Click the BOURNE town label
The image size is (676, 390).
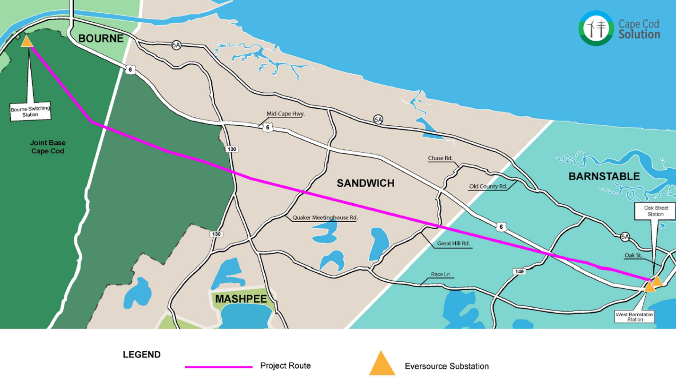pos(101,38)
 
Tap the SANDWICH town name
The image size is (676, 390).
pos(365,183)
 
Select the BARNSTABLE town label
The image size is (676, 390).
pos(604,176)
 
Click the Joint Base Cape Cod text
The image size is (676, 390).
pos(47,147)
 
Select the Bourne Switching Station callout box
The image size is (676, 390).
pos(30,112)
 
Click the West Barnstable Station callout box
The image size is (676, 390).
pos(635,316)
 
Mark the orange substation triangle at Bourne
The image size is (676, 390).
pos(27,42)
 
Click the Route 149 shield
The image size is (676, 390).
pos(519,272)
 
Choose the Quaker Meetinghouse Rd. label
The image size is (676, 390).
pos(325,218)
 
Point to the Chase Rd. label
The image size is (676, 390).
pos(440,158)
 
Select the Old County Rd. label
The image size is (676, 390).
pos(487,186)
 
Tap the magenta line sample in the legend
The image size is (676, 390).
pos(218,366)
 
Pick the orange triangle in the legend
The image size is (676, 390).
pos(382,364)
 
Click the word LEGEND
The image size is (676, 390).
pos(141,355)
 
